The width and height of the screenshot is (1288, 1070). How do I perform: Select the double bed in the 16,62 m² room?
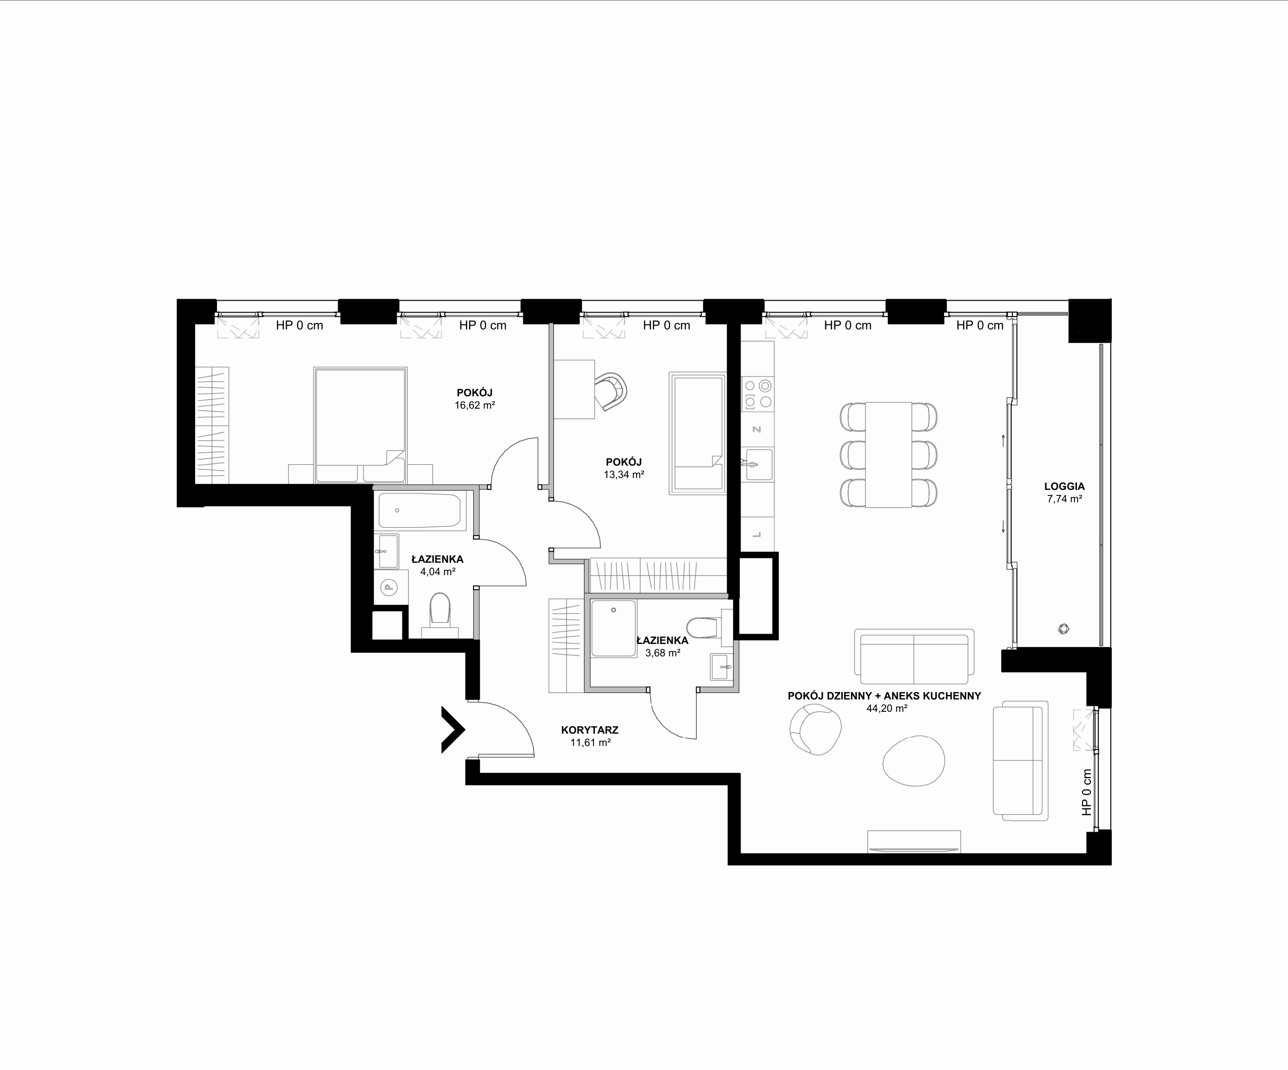(360, 425)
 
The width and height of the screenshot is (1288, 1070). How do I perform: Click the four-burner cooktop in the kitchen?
(757, 394)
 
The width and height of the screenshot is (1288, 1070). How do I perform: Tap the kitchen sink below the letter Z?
(757, 464)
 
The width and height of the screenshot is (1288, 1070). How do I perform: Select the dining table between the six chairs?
(888, 455)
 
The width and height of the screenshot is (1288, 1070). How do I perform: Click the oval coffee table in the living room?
(913, 760)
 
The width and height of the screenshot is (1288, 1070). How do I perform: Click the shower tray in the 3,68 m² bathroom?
(613, 629)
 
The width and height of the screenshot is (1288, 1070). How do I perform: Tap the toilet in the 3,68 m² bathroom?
(706, 627)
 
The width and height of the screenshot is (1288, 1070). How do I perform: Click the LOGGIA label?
(1064, 486)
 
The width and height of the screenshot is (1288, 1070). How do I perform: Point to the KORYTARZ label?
(590, 730)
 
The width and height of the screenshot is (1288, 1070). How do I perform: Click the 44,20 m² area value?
(887, 708)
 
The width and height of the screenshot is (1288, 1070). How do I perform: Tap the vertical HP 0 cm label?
(1087, 792)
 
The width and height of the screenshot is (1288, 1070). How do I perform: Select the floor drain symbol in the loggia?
(1064, 629)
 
